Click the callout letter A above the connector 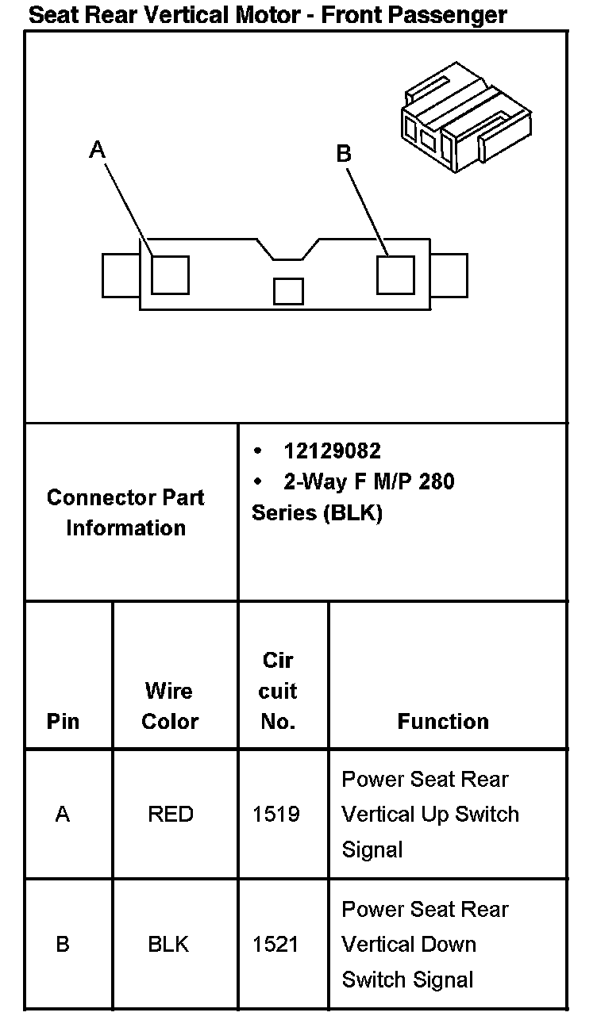[98, 148]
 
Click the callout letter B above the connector [344, 153]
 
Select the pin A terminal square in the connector [170, 274]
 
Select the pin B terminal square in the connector [395, 274]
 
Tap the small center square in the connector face [288, 291]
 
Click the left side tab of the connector [121, 275]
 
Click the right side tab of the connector [449, 275]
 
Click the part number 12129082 [332, 451]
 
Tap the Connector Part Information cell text [125, 512]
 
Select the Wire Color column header [170, 706]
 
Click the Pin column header [63, 722]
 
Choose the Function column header [443, 721]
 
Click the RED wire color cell [170, 815]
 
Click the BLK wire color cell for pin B [168, 945]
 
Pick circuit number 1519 [276, 815]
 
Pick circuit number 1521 [276, 945]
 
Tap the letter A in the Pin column [63, 815]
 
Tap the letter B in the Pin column [63, 945]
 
